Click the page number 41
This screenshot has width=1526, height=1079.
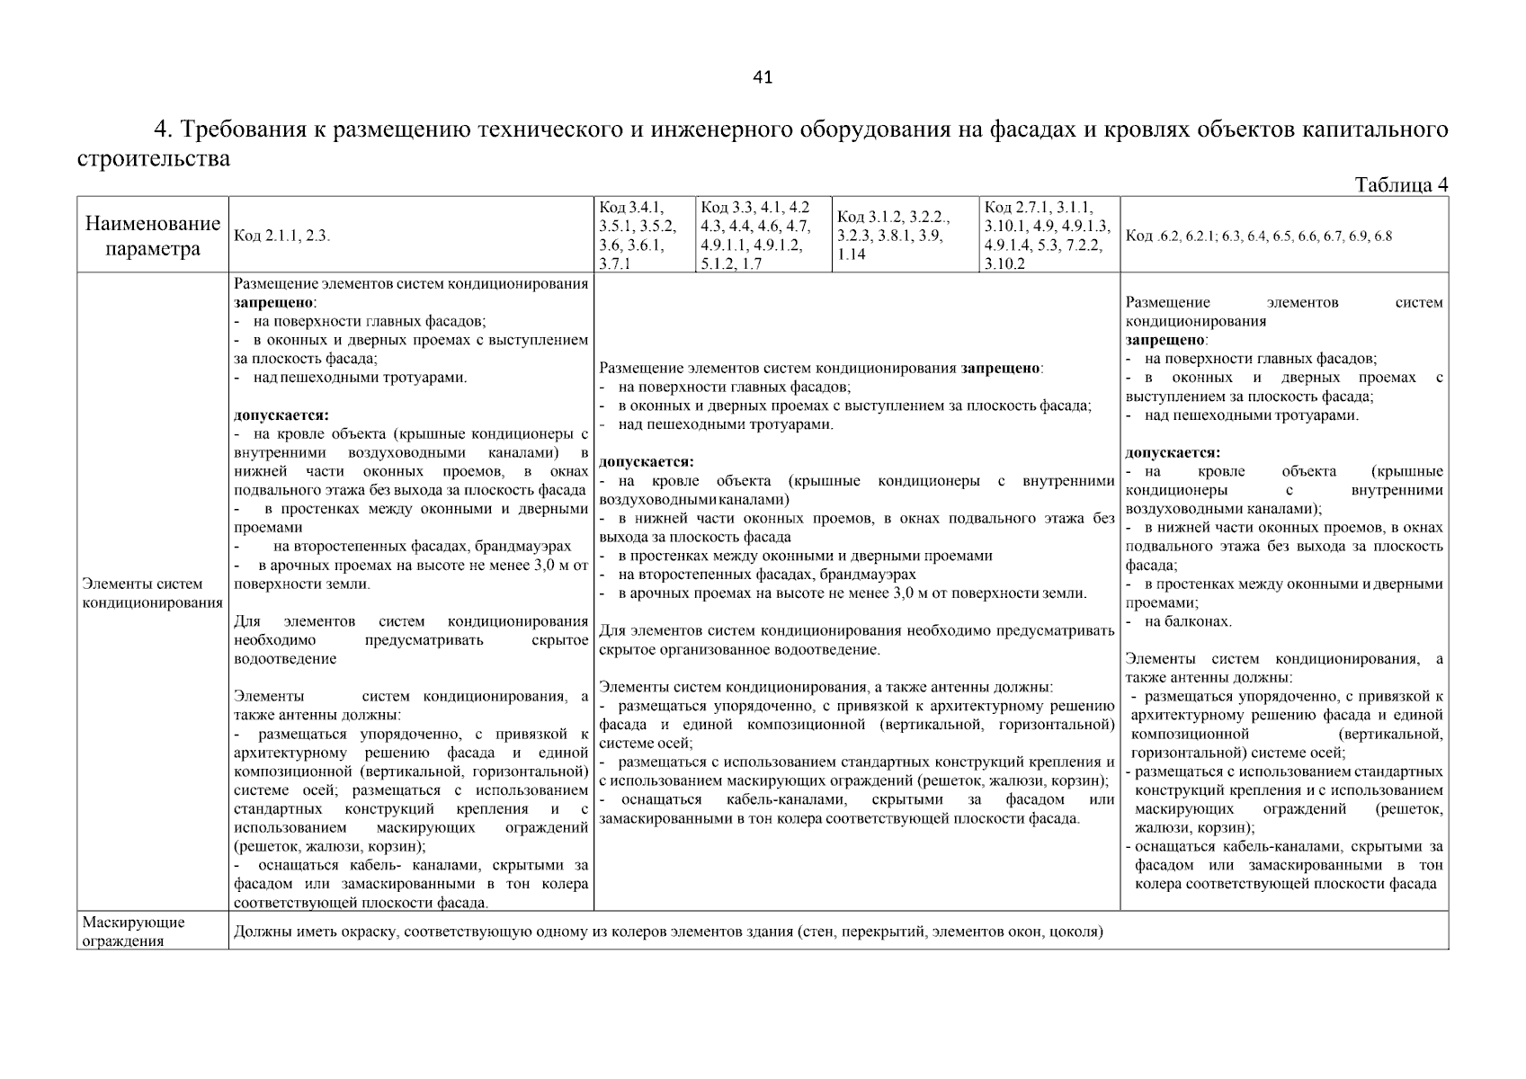coord(762,77)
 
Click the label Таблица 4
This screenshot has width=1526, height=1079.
coord(1400,185)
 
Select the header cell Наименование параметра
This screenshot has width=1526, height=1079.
coord(152,236)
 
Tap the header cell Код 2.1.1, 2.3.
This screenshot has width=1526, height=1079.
coord(282,236)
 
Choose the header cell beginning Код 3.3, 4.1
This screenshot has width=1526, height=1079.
coord(755,236)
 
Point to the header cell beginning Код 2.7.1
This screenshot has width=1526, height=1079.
coord(1048,236)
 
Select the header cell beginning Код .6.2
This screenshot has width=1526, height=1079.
coord(1259,236)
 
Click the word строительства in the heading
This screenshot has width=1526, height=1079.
coord(153,159)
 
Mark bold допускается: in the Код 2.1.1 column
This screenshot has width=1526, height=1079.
coord(281,415)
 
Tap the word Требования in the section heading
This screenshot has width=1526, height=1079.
coord(245,129)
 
